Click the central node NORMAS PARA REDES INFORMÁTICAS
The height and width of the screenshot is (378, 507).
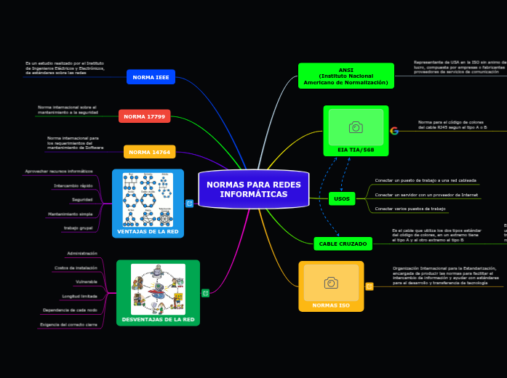253,190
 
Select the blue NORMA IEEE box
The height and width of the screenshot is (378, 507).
151,77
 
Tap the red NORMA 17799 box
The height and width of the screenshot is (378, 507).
144,116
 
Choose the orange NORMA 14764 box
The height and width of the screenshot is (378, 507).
149,152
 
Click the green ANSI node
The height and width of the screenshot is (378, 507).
346,76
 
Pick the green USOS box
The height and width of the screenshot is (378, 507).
341,198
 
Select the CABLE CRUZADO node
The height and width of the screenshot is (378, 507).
343,244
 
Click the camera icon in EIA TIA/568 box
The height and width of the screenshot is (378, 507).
356,127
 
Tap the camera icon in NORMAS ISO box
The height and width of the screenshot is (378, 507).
331,282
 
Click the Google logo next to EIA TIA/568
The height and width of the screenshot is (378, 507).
394,131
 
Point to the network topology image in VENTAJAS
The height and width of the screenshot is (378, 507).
148,198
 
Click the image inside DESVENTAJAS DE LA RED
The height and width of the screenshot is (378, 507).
158,289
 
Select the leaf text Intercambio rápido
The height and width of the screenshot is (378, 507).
73,186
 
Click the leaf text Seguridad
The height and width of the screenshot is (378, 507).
81,200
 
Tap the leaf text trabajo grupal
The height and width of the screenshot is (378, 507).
78,228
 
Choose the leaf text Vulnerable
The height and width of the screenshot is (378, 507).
86,281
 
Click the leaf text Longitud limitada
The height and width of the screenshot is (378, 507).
79,296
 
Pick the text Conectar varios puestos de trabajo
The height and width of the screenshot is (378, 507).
410,209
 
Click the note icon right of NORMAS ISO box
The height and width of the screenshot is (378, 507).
369,286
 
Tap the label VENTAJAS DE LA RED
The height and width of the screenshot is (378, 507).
148,232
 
